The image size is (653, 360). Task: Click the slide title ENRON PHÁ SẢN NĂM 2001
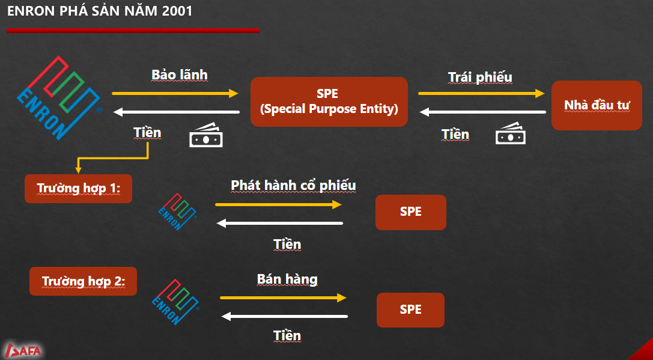click(100, 11)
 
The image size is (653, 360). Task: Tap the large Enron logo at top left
click(59, 97)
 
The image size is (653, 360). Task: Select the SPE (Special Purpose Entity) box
click(329, 102)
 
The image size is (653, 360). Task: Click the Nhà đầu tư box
click(597, 105)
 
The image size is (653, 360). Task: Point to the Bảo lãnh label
click(179, 75)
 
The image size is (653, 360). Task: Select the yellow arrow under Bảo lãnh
click(175, 93)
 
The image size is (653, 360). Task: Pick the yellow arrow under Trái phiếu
click(481, 93)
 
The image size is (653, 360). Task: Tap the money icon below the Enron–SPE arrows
click(206, 134)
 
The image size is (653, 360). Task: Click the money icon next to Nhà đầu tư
click(511, 133)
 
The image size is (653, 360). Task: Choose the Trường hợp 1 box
click(78, 189)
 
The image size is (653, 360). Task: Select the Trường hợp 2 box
click(84, 281)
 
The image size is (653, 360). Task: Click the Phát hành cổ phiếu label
click(294, 186)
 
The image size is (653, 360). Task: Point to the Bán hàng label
click(287, 279)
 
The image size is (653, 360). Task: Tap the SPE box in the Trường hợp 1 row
click(411, 212)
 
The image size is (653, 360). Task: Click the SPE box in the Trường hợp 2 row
click(411, 310)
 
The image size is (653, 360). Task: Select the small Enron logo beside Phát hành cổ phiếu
click(178, 212)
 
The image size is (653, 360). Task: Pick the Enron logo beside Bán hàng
click(175, 302)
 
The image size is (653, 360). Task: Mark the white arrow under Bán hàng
click(284, 317)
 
